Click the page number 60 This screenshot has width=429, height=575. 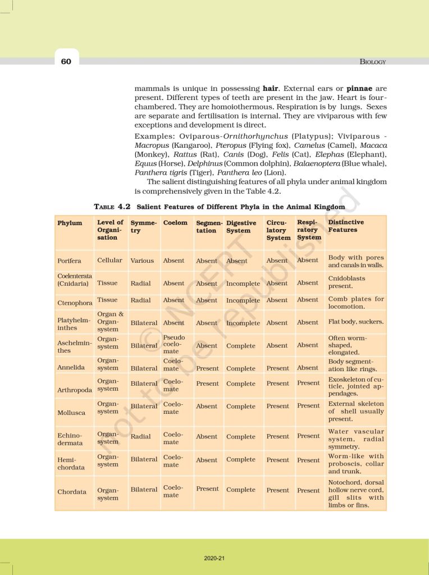[66, 61]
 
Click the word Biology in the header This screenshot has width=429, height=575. [372, 62]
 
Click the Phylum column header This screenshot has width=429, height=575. [70, 223]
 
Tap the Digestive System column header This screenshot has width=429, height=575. [241, 226]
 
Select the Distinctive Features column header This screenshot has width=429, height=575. [346, 226]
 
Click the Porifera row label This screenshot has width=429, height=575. [69, 261]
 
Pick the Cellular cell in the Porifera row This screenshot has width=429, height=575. [109, 261]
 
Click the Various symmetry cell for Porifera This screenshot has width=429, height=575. [142, 261]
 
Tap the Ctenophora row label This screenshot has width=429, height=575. [75, 303]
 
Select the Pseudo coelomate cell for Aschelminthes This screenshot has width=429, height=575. [174, 344]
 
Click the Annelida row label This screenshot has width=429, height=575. [71, 367]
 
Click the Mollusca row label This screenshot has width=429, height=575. [71, 413]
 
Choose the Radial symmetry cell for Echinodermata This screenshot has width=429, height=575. [140, 436]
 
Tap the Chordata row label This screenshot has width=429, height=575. [72, 492]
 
